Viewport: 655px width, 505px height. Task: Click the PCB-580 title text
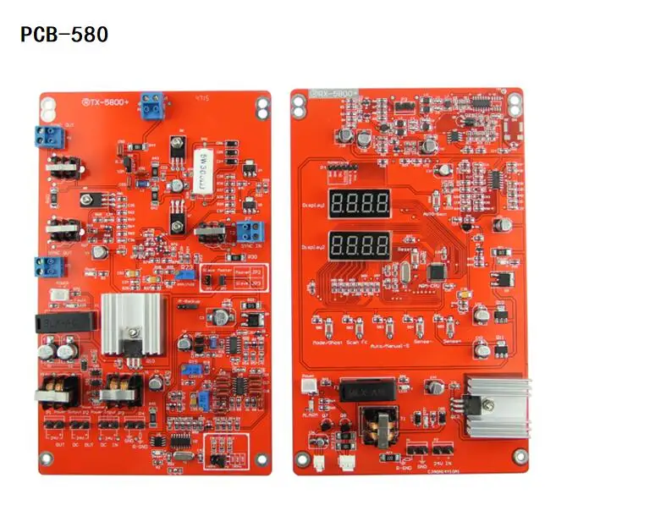point(64,35)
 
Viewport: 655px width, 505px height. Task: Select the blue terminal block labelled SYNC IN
point(249,231)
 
